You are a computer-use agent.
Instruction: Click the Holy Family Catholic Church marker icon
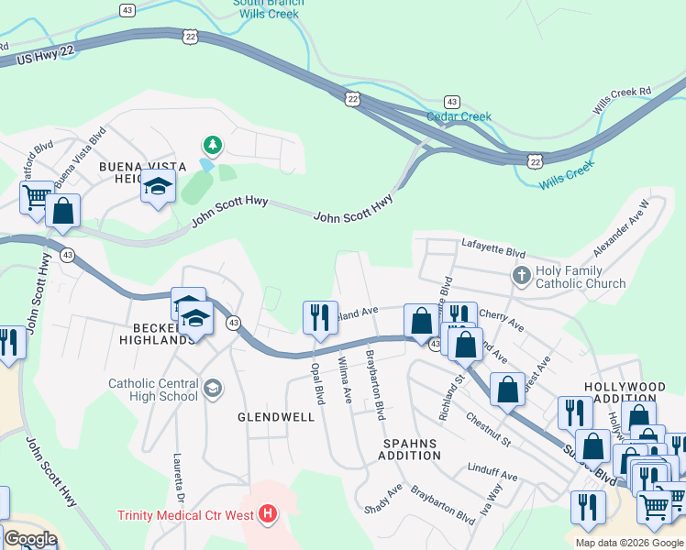521,275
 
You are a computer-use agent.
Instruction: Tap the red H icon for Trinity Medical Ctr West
268,513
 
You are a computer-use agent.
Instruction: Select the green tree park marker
213,145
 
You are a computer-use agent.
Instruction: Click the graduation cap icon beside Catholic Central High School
213,389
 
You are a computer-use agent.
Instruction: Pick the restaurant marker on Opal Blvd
315,317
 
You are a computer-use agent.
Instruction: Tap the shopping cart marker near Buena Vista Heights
35,196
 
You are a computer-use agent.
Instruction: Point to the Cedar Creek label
459,116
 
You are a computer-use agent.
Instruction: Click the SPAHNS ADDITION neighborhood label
412,448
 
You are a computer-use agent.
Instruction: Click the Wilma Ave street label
346,380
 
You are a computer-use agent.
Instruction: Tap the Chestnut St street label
487,429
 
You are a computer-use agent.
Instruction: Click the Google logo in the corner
29,538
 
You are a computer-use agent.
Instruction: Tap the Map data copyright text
628,543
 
